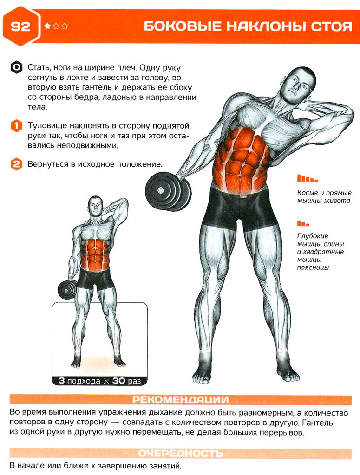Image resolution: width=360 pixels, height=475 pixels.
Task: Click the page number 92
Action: click(x=20, y=26)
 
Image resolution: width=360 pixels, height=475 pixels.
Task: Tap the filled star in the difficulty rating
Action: click(x=47, y=26)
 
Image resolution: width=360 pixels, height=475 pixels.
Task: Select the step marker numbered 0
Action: click(x=16, y=67)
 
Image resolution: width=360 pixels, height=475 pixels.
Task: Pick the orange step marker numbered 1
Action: click(x=16, y=126)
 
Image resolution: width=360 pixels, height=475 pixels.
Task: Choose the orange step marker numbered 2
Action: click(x=16, y=164)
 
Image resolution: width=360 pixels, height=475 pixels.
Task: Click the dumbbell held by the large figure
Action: click(x=168, y=191)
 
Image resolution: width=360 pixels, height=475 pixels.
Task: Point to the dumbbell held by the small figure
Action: click(x=67, y=290)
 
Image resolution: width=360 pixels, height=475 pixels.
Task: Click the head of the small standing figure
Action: click(x=95, y=206)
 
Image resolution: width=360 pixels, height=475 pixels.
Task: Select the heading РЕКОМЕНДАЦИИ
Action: click(x=181, y=400)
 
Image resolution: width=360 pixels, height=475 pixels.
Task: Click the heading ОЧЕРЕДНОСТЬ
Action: click(x=181, y=454)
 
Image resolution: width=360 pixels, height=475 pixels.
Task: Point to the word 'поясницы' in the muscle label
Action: click(x=313, y=268)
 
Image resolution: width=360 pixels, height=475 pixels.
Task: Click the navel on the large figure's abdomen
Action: click(x=239, y=176)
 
